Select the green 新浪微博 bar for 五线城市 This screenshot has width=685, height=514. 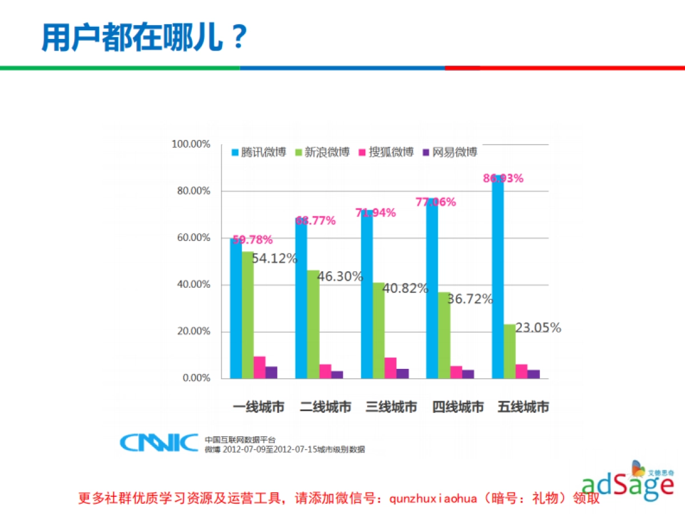pyautogui.click(x=509, y=351)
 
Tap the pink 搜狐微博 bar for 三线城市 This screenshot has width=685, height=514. pyautogui.click(x=390, y=368)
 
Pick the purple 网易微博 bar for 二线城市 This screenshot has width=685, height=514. pyautogui.click(x=337, y=374)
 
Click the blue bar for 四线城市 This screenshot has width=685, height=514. pyautogui.click(x=432, y=291)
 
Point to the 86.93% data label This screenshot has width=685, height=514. pyautogui.click(x=503, y=178)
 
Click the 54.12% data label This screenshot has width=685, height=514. pyautogui.click(x=275, y=259)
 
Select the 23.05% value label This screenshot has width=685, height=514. pyautogui.click(x=538, y=328)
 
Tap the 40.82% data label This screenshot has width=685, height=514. pyautogui.click(x=405, y=288)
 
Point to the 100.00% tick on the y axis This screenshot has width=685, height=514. pyautogui.click(x=191, y=144)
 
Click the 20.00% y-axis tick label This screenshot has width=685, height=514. pyautogui.click(x=193, y=331)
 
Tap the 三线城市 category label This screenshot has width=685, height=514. pyautogui.click(x=392, y=407)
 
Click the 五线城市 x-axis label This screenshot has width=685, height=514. pyautogui.click(x=523, y=407)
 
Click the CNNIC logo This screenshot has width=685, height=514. pyautogui.click(x=158, y=441)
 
